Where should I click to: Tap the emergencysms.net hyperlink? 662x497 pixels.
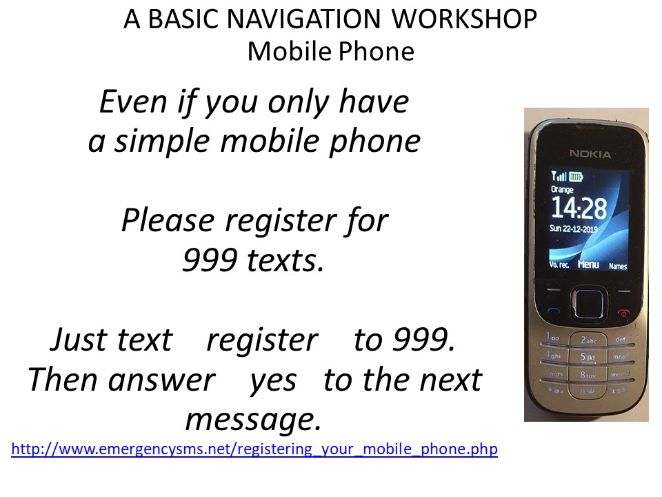click(x=254, y=449)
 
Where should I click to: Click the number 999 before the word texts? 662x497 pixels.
click(x=210, y=260)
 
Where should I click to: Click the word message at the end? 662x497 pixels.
click(x=254, y=419)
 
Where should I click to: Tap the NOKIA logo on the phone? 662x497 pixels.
click(x=590, y=154)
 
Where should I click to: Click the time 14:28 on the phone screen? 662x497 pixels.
click(x=579, y=208)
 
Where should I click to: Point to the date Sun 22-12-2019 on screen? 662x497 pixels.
click(x=573, y=228)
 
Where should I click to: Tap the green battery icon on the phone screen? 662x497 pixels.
click(x=575, y=176)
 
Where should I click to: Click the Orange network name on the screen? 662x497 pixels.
click(x=562, y=189)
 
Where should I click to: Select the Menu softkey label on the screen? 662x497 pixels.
click(x=588, y=264)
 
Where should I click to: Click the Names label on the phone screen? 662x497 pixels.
click(x=618, y=266)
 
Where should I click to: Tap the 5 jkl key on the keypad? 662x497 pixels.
click(x=588, y=357)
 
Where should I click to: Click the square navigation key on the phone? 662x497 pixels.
click(x=588, y=302)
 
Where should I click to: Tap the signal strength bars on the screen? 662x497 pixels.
click(x=559, y=175)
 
